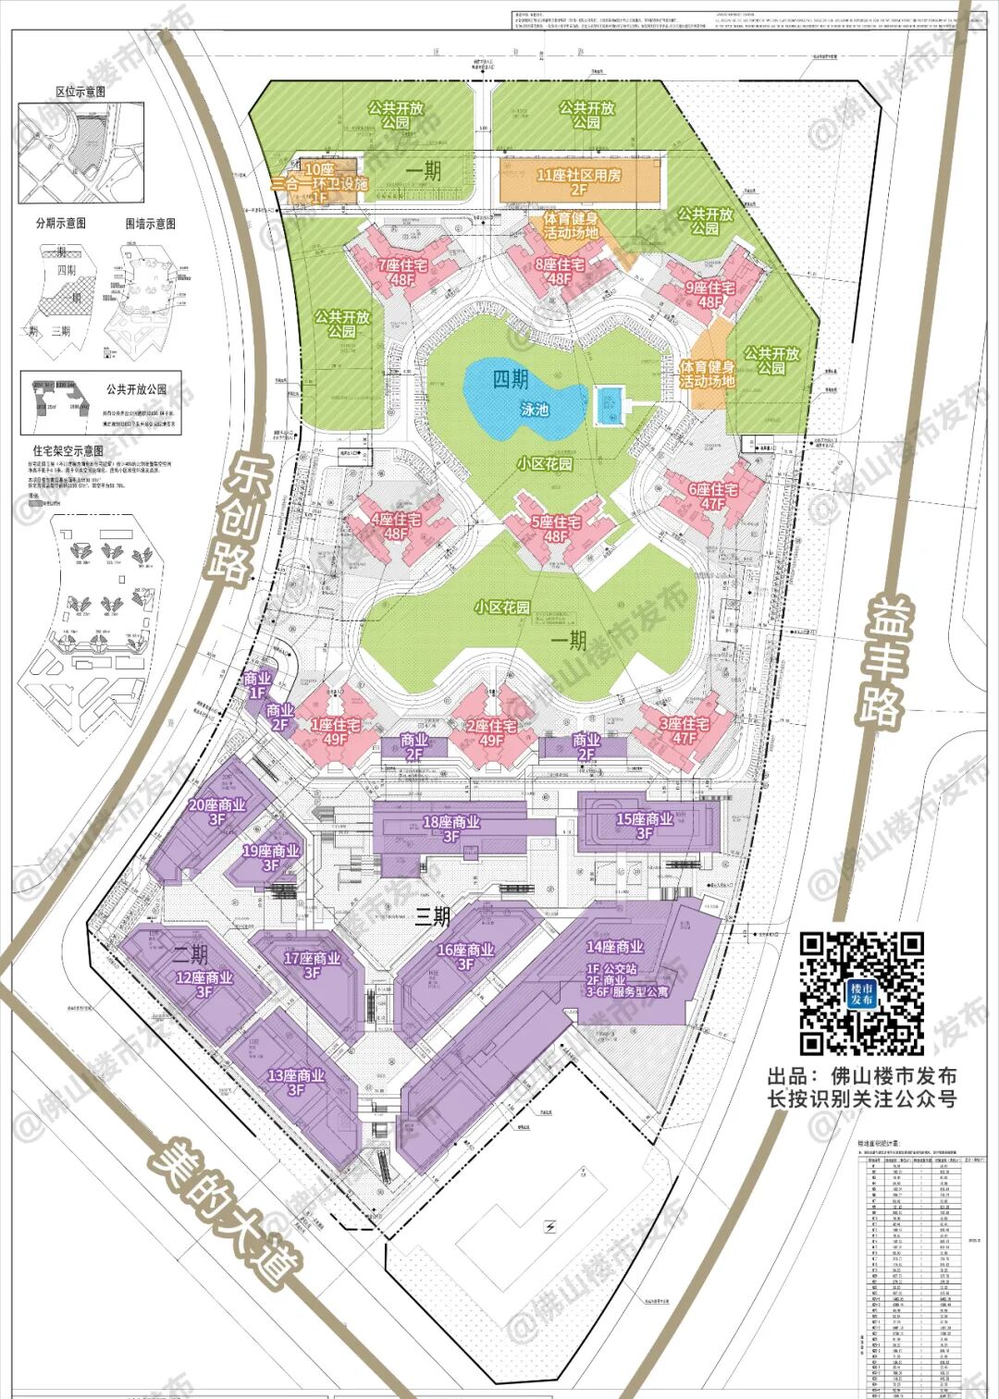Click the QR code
862,993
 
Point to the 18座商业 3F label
450,828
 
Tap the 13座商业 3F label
296,1082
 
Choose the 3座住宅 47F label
684,730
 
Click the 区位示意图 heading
80,92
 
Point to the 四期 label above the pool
511,379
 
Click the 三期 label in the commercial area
432,917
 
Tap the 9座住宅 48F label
710,295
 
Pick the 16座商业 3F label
465,956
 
